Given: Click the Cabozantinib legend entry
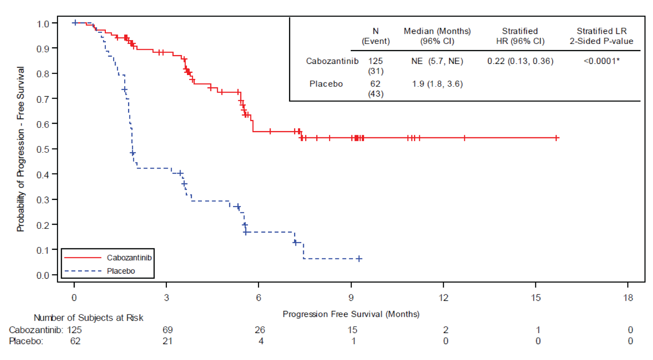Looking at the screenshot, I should [129, 258].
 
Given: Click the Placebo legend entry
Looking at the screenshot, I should [121, 271].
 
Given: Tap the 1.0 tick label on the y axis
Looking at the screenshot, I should [43, 24].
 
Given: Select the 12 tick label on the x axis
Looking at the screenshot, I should [443, 298].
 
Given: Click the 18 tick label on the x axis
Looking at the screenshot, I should [628, 298].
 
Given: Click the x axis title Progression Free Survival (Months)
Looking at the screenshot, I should [351, 314].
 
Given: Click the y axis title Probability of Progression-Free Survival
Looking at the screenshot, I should [20, 149].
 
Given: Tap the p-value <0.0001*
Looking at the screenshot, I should [601, 61].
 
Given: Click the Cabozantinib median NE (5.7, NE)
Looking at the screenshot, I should [437, 61].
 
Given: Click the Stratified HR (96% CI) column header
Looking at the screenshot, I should [520, 36].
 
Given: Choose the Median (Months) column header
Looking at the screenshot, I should [437, 36].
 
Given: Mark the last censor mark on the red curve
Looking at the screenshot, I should [557, 138].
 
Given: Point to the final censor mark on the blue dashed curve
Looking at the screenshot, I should [359, 258].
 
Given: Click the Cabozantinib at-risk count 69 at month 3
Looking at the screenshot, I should [167, 330].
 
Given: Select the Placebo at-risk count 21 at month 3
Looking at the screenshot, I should [167, 341].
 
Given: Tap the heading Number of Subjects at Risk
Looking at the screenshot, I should [88, 318].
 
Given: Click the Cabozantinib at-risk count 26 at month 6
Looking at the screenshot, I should [259, 330].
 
